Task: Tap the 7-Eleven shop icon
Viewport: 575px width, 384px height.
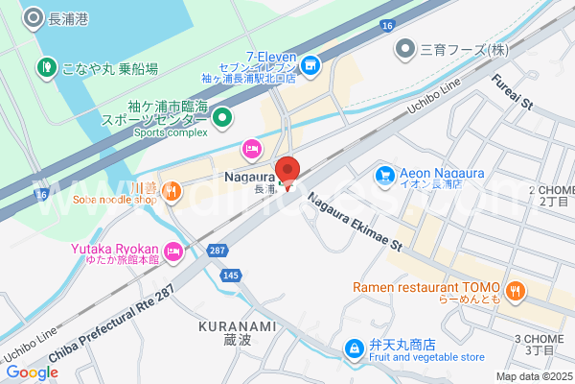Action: coord(310,65)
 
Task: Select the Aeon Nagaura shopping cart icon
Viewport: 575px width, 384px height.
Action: coord(385,174)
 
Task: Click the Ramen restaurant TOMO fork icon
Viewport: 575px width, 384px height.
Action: coord(516,289)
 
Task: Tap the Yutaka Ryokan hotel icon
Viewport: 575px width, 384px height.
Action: coord(173,253)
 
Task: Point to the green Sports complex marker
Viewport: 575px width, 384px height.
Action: coord(222,118)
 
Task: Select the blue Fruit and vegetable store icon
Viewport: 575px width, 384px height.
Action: coord(354,347)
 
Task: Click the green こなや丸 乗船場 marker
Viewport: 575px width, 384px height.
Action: coord(45,67)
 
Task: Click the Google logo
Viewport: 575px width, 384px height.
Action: coord(32,372)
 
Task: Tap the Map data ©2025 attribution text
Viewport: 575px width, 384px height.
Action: coord(533,376)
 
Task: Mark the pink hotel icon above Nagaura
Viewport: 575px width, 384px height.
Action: coord(251,148)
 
